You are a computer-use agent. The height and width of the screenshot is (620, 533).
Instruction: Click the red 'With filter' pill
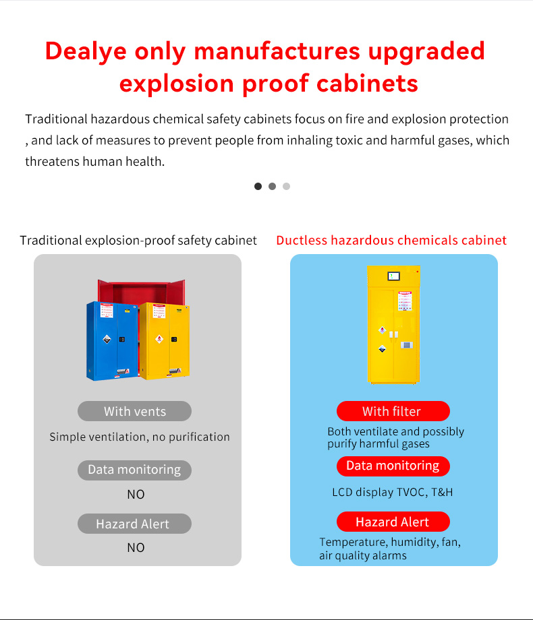[393, 411]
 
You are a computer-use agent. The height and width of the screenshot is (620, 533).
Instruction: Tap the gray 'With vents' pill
[134, 411]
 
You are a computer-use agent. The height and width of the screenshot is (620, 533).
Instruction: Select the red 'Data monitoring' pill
[393, 466]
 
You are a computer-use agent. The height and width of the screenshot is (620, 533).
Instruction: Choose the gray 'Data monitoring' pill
[134, 470]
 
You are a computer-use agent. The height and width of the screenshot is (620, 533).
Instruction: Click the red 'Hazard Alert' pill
[393, 522]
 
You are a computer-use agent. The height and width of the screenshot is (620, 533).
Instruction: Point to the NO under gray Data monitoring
[136, 495]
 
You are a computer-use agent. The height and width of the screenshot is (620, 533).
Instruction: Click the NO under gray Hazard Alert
[136, 548]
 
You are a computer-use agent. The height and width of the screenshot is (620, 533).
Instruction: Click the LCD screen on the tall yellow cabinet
[394, 276]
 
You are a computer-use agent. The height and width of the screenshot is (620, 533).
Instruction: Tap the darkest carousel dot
[258, 186]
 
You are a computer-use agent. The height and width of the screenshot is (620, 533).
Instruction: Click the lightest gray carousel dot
[286, 186]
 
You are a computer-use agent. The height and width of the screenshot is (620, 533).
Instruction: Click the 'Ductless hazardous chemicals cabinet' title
[391, 241]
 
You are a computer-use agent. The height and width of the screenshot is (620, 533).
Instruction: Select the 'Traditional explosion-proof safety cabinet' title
[138, 241]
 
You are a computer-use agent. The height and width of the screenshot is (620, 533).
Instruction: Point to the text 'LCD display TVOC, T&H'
[392, 492]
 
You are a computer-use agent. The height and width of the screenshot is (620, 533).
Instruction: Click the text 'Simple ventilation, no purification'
[140, 437]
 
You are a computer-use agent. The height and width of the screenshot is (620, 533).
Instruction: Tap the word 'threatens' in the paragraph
[51, 162]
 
